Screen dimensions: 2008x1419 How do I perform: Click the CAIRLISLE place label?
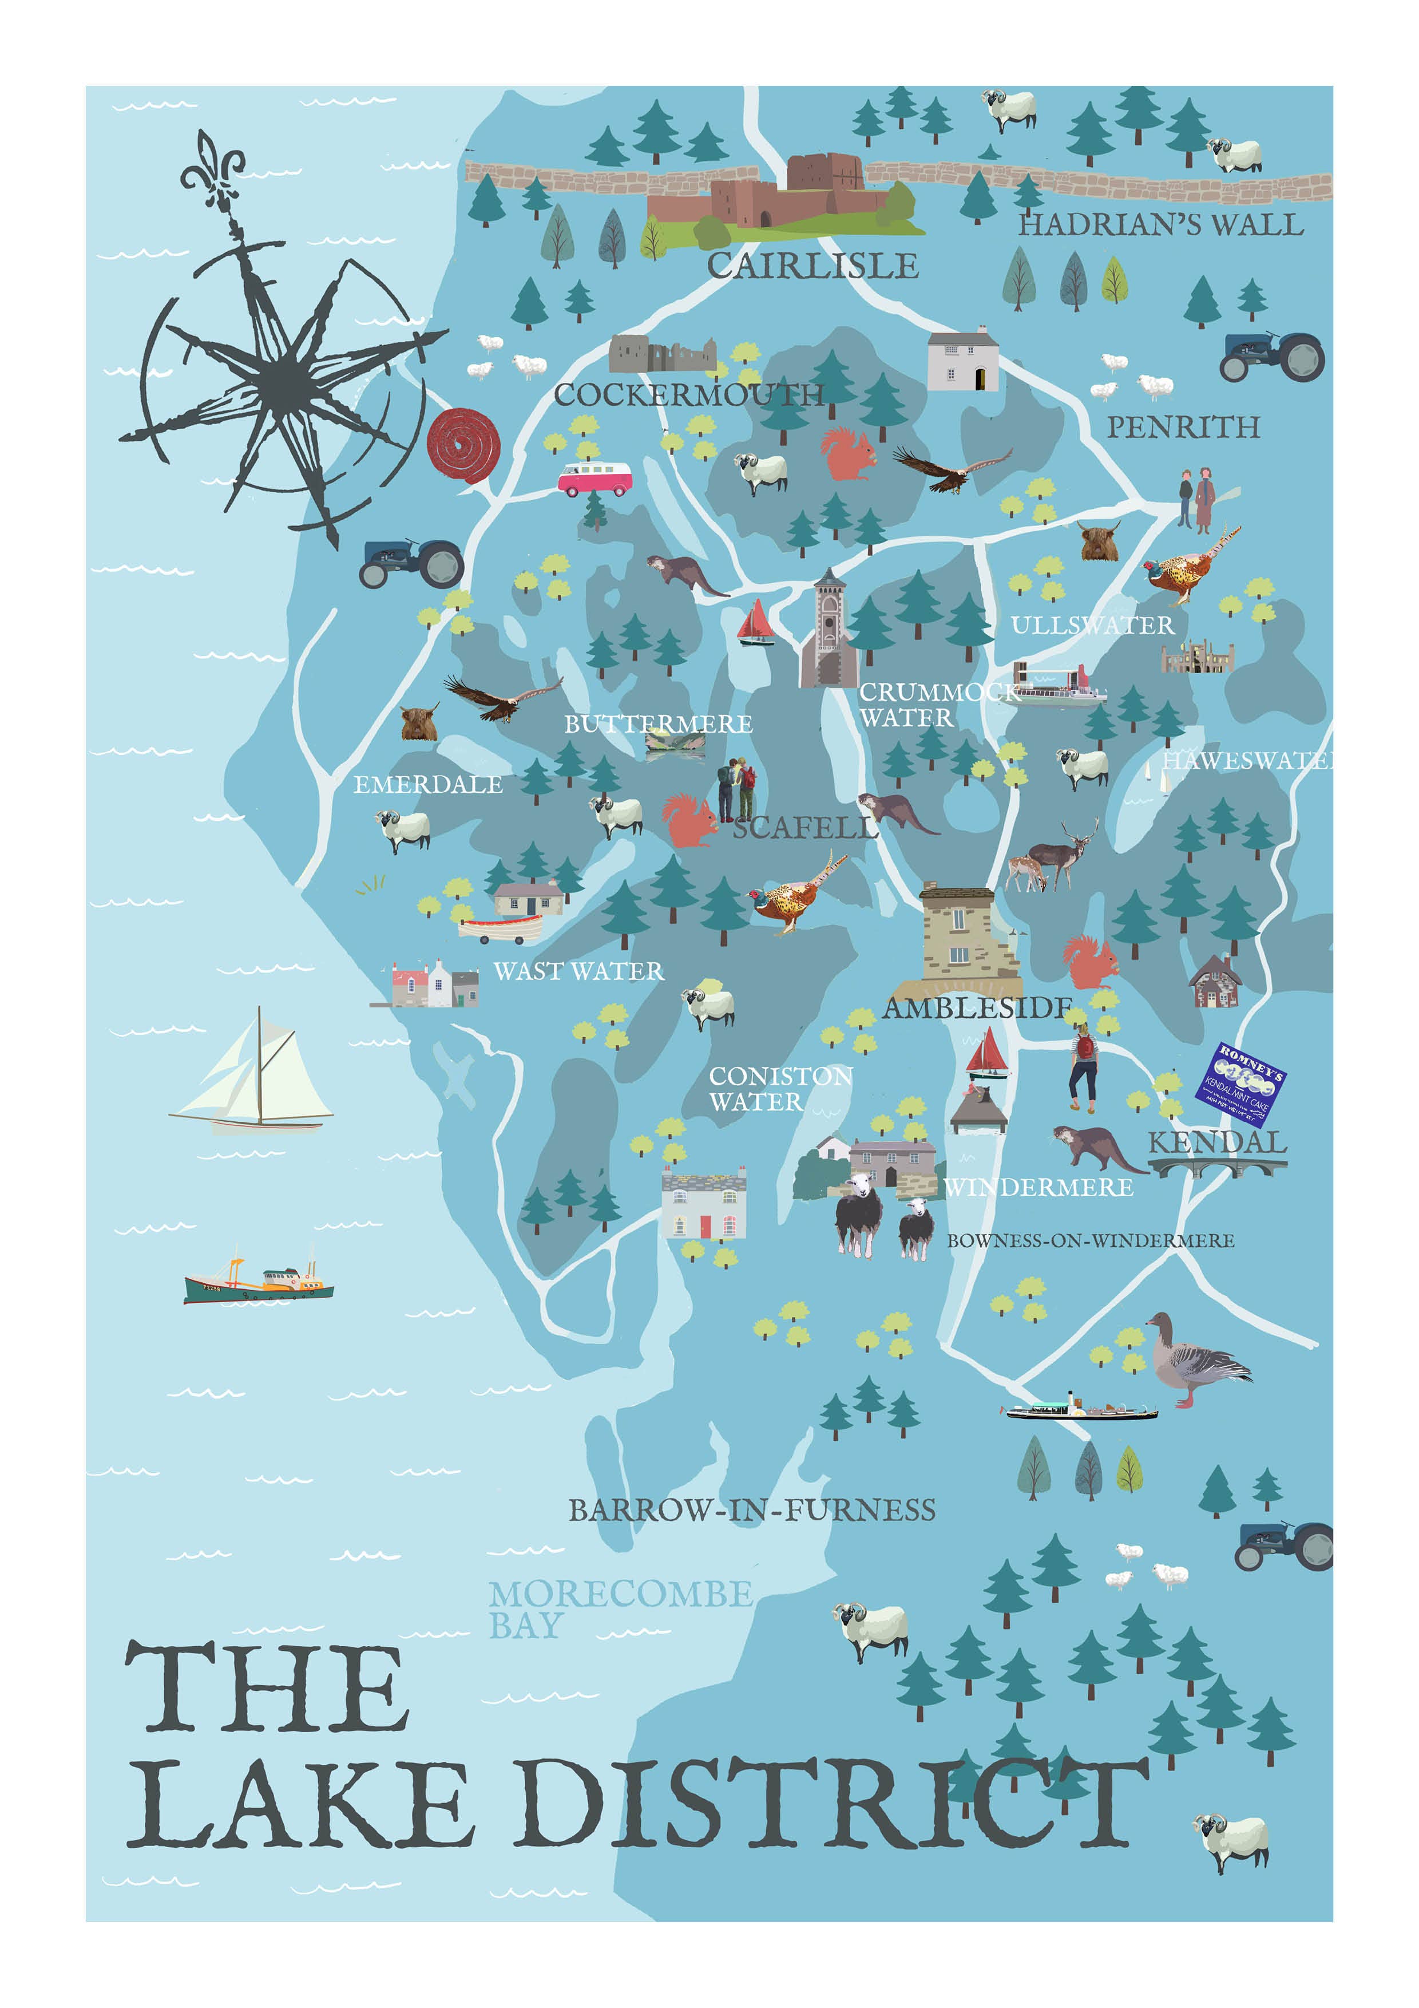[x=812, y=266]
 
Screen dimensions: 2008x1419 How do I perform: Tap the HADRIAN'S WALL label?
[x=1160, y=225]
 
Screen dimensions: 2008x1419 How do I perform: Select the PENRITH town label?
[x=1183, y=427]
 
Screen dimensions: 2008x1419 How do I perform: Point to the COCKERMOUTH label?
[x=689, y=396]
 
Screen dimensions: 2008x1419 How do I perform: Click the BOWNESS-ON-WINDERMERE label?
[x=1090, y=1240]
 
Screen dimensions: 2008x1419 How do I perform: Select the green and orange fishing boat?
[x=258, y=1283]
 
